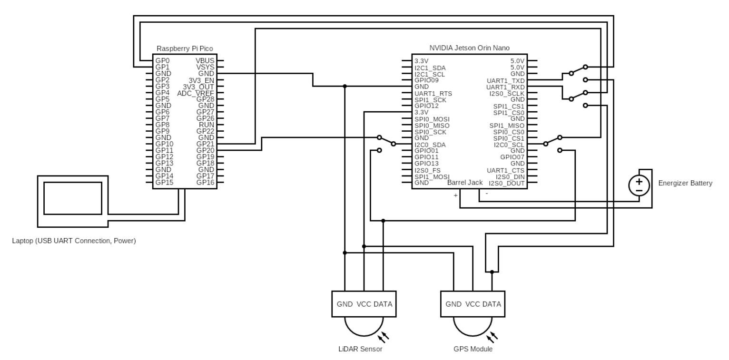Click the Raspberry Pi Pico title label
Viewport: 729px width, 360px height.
185,49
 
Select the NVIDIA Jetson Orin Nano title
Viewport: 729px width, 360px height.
469,48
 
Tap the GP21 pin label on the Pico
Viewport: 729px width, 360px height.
205,144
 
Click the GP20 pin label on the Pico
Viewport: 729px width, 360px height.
205,150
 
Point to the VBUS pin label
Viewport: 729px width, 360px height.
205,61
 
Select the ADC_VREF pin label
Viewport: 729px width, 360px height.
195,93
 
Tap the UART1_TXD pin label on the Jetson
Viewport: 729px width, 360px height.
505,80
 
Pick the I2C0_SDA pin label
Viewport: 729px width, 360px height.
430,145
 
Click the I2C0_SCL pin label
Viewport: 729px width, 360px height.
509,145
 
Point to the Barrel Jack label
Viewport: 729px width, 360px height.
465,183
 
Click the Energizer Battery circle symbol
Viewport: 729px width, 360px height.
639,185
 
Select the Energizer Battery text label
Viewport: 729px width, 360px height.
685,183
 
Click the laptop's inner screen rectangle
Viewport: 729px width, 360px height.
73,198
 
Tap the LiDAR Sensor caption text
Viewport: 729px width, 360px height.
360,349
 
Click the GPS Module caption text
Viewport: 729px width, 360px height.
473,349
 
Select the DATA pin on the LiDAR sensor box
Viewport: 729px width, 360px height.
383,304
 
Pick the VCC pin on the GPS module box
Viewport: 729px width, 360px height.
473,304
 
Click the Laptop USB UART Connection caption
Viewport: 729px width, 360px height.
74,241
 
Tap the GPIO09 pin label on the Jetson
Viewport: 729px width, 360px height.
426,80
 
